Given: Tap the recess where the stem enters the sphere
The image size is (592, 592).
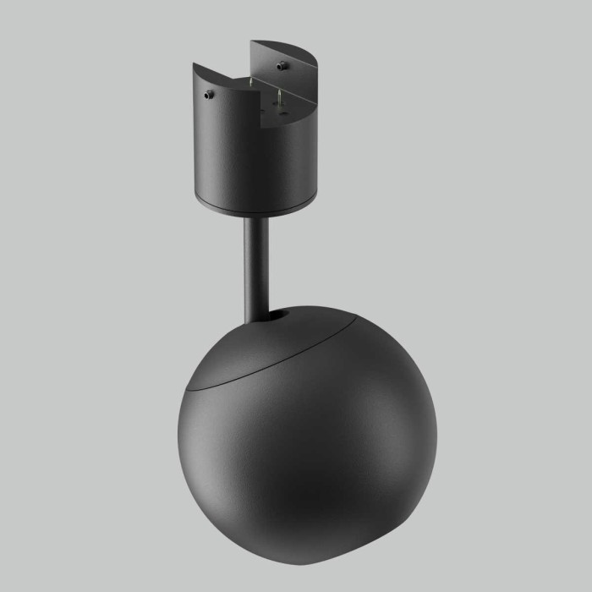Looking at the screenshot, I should point(275,316).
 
